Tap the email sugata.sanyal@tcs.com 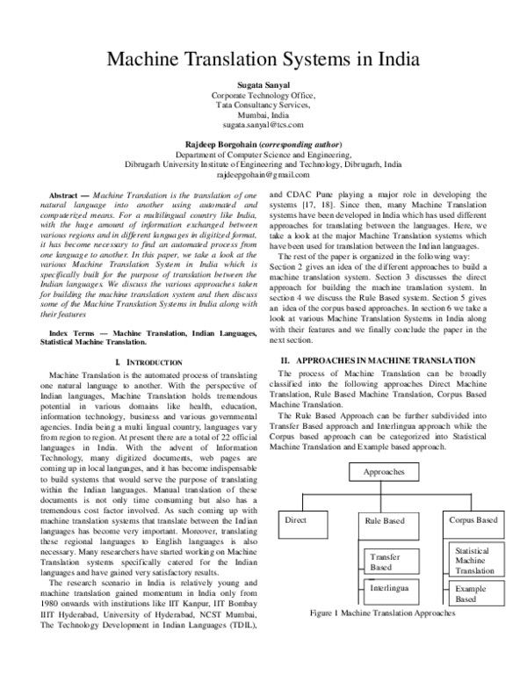[x=263, y=125]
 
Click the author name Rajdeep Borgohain [x=225, y=143]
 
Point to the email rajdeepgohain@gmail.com [x=263, y=175]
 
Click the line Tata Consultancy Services [x=263, y=104]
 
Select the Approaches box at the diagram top [x=384, y=472]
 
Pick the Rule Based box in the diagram [x=384, y=521]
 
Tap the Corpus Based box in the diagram [x=473, y=520]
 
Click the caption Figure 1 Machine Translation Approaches [x=384, y=613]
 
